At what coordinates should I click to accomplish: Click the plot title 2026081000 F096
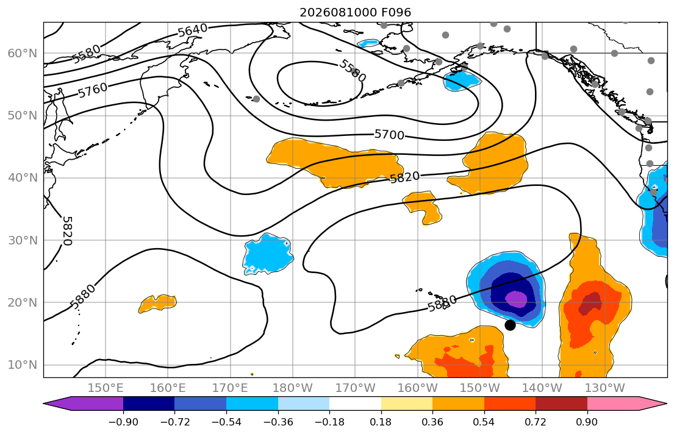click(355, 12)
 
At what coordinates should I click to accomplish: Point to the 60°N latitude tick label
click(23, 53)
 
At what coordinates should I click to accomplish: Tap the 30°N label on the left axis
click(23, 240)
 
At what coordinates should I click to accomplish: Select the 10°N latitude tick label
click(23, 365)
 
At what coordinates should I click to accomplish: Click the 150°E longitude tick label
click(106, 388)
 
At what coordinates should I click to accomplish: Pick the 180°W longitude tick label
click(293, 388)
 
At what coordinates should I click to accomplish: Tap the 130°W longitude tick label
click(605, 388)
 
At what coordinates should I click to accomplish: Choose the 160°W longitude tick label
click(418, 388)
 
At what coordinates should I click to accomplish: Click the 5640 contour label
click(192, 30)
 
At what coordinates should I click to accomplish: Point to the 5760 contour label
click(93, 90)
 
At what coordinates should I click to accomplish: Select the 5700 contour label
click(389, 135)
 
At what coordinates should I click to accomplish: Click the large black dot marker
click(510, 325)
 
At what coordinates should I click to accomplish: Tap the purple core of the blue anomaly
click(516, 299)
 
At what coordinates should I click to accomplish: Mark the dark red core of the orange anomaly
click(590, 304)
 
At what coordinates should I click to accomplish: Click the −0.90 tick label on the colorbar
click(123, 422)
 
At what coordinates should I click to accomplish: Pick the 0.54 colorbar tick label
click(484, 422)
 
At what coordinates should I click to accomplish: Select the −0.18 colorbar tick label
click(329, 422)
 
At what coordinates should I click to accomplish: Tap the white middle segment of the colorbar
click(355, 404)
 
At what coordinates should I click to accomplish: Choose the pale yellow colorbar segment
click(407, 404)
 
